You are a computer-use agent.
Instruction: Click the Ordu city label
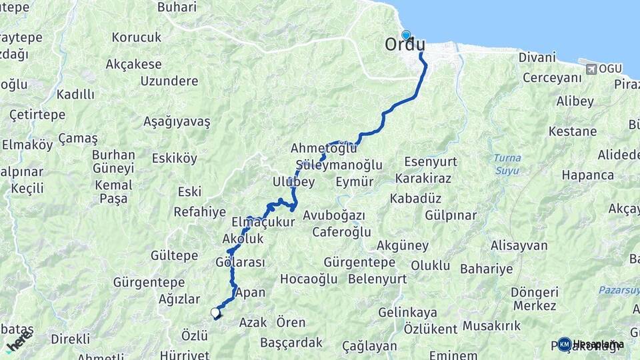(x=405, y=45)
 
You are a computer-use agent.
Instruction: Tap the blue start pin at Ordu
(x=406, y=35)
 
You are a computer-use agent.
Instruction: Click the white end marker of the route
(x=215, y=312)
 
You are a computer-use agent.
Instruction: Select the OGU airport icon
(x=589, y=69)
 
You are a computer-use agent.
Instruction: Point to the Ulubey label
(x=293, y=182)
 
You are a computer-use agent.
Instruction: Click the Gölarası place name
(x=240, y=262)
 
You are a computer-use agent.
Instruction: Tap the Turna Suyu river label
(x=507, y=164)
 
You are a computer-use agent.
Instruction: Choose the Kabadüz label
(x=417, y=198)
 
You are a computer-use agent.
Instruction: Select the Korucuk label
(x=137, y=37)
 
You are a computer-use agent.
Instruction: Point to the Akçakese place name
(x=133, y=65)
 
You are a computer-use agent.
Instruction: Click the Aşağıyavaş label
(x=177, y=122)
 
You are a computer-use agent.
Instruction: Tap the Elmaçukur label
(x=263, y=222)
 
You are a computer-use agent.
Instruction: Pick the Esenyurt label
(x=431, y=161)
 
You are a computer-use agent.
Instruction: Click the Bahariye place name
(x=487, y=269)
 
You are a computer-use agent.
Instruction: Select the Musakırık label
(x=491, y=326)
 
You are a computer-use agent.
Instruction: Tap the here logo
(x=19, y=341)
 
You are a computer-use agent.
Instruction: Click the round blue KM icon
(x=565, y=344)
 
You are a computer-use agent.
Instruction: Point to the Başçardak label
(x=291, y=343)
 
